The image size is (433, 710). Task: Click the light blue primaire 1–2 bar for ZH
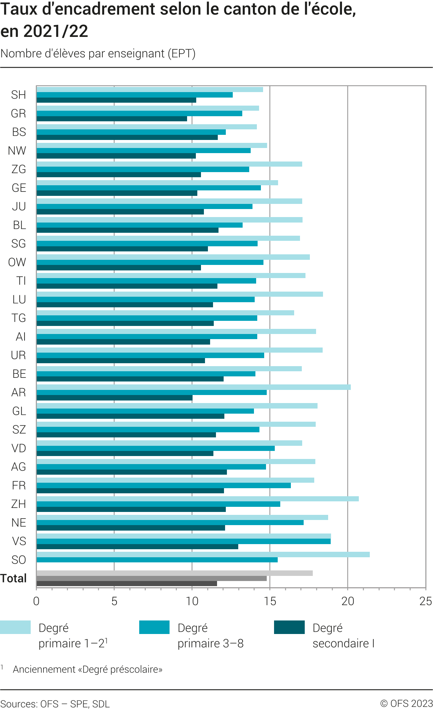coord(197,499)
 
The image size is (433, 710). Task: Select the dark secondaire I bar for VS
coord(137,547)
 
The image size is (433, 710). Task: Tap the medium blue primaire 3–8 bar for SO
coord(157,560)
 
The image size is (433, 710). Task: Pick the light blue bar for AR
coord(194,387)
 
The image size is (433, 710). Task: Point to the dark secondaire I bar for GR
coord(112,119)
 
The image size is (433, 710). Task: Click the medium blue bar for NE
coord(170,523)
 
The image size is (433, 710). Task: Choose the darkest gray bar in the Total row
coord(127,584)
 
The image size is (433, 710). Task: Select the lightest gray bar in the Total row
coord(175,573)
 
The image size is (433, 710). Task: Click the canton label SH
coord(18,95)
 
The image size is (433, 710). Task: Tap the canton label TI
coord(21,281)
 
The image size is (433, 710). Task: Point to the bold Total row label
coord(14,578)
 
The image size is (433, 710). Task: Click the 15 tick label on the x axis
coord(270,601)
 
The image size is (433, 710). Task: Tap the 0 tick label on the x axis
coord(36,601)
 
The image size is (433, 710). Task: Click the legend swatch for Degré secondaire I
coord(289,627)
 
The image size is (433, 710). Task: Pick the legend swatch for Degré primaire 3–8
coord(154,627)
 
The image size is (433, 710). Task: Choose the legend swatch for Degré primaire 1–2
coord(15,627)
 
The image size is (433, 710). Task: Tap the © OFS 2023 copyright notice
coord(406,703)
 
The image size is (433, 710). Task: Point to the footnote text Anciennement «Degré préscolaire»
coord(88,669)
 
